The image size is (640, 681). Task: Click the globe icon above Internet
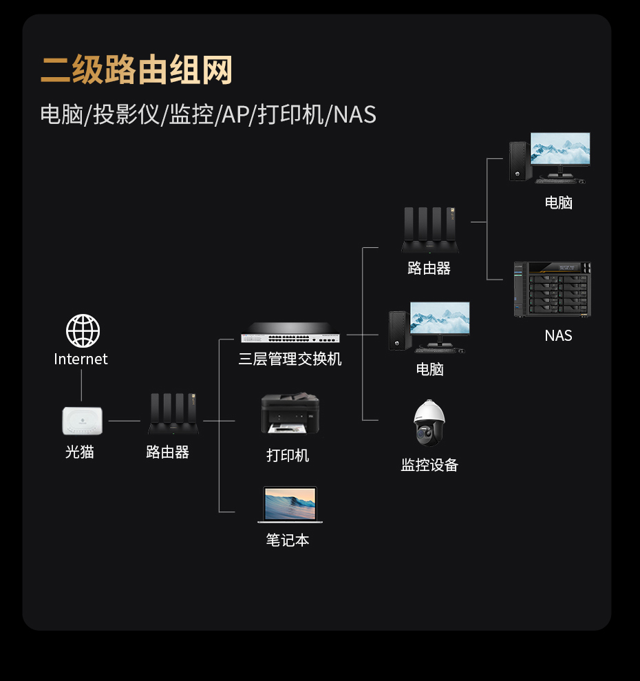(83, 331)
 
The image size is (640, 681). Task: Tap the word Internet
(81, 359)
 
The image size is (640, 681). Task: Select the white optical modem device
(82, 421)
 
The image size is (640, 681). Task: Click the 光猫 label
(80, 452)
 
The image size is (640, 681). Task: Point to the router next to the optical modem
(173, 414)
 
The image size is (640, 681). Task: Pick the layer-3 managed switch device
(290, 333)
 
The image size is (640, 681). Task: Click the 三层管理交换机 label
(290, 359)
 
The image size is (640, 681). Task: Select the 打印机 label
(288, 455)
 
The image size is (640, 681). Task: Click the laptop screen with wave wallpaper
(290, 504)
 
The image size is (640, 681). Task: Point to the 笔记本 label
(288, 540)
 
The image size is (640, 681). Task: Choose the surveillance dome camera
(429, 422)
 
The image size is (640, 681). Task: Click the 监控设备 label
(429, 465)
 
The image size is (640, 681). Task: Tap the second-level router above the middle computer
(430, 229)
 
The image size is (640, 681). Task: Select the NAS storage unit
(552, 290)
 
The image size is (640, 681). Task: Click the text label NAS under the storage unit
(558, 335)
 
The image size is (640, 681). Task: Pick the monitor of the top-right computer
(560, 149)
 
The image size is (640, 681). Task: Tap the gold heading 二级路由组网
(136, 71)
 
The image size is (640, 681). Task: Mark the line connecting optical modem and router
(125, 420)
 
